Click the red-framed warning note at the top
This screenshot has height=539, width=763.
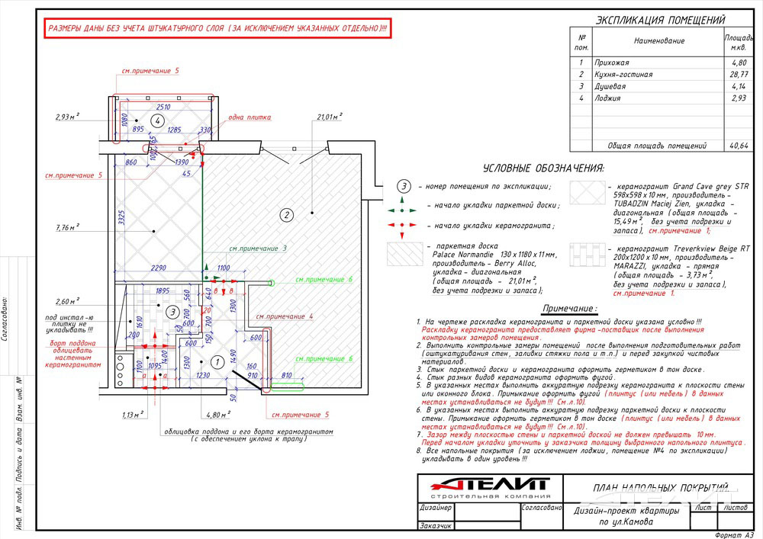[x=217, y=28]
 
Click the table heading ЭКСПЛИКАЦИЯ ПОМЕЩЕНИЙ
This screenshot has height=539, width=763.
[x=660, y=21]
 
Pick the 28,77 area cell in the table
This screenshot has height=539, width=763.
[x=738, y=75]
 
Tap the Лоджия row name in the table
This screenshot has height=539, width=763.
[x=608, y=98]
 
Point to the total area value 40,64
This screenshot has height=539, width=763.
[x=738, y=145]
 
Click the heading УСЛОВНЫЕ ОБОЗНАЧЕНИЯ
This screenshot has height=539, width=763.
[x=544, y=168]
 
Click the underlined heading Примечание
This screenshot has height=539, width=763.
[x=569, y=308]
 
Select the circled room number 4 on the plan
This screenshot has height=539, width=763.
[x=158, y=121]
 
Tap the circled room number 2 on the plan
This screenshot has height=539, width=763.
[x=287, y=214]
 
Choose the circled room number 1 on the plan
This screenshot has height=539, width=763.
[x=216, y=363]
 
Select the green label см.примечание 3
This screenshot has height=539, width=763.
[x=258, y=249]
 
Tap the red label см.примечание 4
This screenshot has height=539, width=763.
[x=285, y=316]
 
